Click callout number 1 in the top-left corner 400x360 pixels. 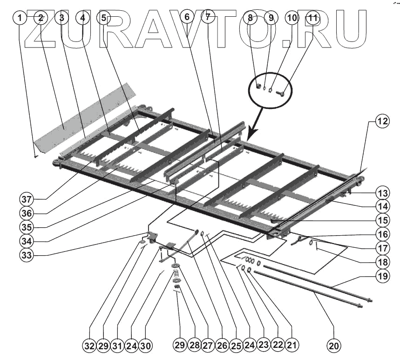point(20,18)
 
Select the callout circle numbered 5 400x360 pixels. point(103,18)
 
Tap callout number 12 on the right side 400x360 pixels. point(382,122)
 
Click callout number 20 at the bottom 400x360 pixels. point(333,346)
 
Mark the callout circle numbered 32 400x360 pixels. point(89,346)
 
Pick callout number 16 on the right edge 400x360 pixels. point(382,234)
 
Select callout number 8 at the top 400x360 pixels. point(251,18)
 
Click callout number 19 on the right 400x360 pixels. point(382,276)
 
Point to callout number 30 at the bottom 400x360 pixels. point(146,346)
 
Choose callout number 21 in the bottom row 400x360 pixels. point(292,346)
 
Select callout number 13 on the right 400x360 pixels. point(382,192)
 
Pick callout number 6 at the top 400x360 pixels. point(187,18)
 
